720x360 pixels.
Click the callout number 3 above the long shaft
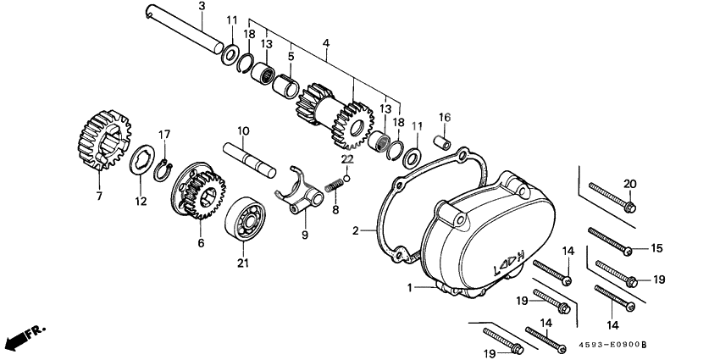click(x=202, y=7)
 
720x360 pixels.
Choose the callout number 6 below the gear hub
click(x=201, y=243)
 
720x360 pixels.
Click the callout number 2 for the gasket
click(x=357, y=230)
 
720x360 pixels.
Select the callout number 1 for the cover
click(x=410, y=288)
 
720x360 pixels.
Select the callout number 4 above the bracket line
click(x=326, y=43)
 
